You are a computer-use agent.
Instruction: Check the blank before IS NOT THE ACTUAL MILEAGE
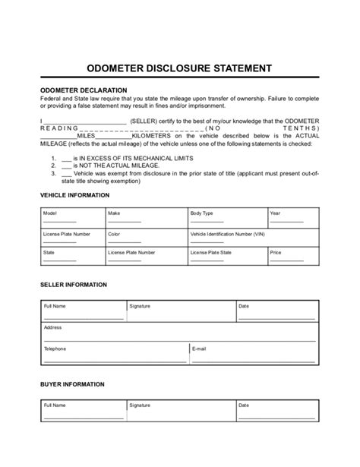click(x=66, y=165)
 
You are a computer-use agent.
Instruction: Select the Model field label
click(x=50, y=214)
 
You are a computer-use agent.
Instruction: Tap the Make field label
click(x=114, y=214)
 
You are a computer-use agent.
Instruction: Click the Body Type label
click(x=201, y=214)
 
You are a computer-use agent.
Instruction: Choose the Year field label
click(x=276, y=214)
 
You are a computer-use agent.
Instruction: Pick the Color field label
click(x=115, y=234)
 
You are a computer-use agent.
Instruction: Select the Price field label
click(x=276, y=252)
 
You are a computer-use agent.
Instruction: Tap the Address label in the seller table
click(x=52, y=327)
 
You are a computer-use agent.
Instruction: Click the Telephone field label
click(x=55, y=349)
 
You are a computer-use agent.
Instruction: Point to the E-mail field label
click(x=200, y=349)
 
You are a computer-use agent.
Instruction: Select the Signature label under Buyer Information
click(x=140, y=405)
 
